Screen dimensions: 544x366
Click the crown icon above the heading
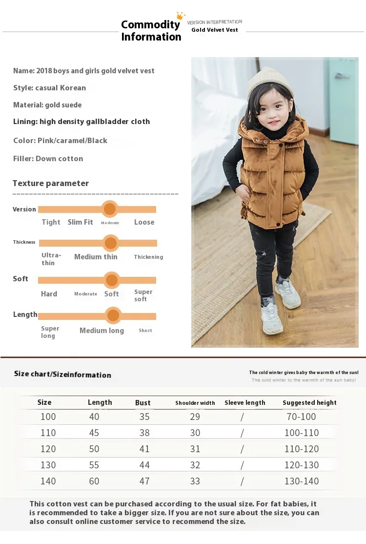pos(181,16)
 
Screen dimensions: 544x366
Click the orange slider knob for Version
pos(110,209)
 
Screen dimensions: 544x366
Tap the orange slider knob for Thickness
pos(111,243)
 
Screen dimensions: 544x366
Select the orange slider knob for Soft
pos(112,280)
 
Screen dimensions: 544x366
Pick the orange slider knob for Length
pos(113,315)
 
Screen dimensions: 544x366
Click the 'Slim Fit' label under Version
pos(80,222)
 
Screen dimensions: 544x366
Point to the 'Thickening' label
pos(148,257)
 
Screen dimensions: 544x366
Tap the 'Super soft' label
pos(143,295)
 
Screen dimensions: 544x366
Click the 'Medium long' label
pos(102,331)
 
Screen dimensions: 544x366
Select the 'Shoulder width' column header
pos(195,403)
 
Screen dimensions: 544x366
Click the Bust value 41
pos(144,449)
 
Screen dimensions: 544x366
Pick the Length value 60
pos(94,481)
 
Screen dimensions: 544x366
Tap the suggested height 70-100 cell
pos(301,417)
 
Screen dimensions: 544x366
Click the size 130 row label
pos(48,465)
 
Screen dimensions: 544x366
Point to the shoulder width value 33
pos(195,481)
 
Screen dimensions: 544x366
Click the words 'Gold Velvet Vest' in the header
pos(215,30)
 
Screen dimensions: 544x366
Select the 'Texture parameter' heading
pos(51,184)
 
